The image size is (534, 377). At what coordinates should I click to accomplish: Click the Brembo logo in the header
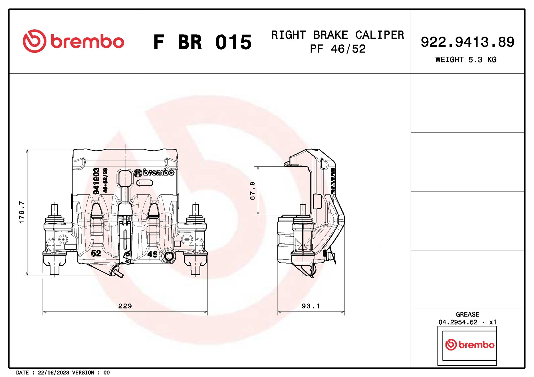coord(73,41)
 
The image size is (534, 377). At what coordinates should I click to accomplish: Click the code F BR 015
coord(202,42)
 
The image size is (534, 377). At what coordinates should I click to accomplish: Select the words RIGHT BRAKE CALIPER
coord(338,35)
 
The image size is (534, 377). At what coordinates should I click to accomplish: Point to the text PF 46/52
coord(338,49)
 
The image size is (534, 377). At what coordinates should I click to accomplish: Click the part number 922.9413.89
coord(467,42)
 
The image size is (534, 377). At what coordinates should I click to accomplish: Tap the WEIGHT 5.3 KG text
coord(466,60)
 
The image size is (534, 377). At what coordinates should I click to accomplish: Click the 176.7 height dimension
coord(22,212)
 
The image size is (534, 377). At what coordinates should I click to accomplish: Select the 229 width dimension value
coord(125,306)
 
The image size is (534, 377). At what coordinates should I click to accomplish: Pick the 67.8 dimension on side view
coord(252,191)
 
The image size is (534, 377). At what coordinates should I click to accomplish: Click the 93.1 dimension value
coord(311,306)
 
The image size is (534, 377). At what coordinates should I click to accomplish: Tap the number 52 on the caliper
coord(96,253)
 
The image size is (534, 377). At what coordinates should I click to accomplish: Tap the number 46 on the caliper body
coord(152,254)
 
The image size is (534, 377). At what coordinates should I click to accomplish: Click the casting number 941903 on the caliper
coord(96,181)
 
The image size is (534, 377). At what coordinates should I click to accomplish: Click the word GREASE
coord(467,314)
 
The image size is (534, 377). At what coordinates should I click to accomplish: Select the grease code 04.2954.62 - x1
coord(467,322)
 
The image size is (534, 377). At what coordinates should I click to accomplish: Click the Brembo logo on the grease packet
coord(469,345)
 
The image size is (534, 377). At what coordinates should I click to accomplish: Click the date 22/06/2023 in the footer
coord(53,373)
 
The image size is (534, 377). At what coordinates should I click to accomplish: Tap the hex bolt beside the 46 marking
coord(169,256)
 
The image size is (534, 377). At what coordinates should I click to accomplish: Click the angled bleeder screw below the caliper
coord(118,272)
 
